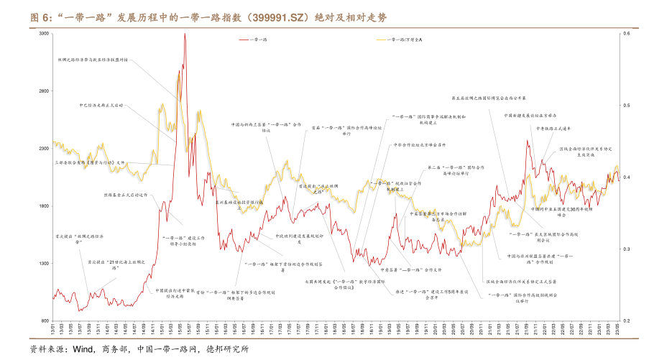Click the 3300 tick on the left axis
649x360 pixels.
(x=42, y=34)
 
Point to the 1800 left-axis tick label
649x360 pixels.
(x=42, y=206)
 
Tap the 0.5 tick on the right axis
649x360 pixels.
(x=626, y=106)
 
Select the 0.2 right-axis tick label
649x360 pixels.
(x=626, y=320)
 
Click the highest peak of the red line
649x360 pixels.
(x=185, y=34)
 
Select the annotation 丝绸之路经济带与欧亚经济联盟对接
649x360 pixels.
(x=93, y=60)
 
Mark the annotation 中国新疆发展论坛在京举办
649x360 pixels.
(x=530, y=115)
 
